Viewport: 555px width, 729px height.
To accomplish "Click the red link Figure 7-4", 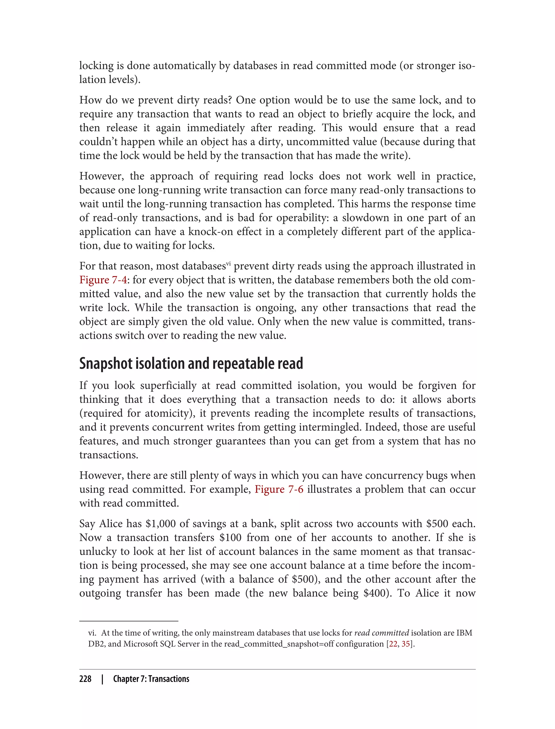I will tap(103, 280).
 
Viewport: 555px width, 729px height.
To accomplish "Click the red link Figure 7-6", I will tap(279, 489).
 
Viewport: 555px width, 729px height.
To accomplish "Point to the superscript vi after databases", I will tap(228, 264).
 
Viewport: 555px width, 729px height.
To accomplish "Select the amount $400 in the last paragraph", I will tap(374, 593).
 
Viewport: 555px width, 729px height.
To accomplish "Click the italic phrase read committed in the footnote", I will tap(382, 633).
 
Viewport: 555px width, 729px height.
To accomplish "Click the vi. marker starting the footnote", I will tap(92, 633).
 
